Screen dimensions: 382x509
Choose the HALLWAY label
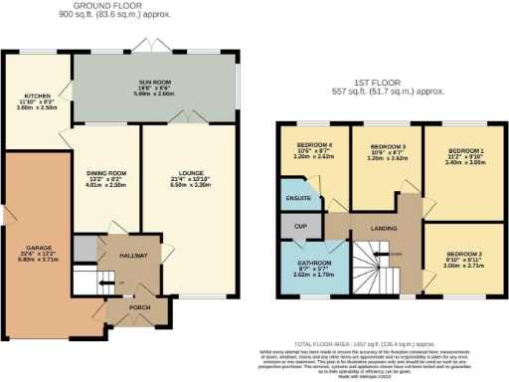[132, 256]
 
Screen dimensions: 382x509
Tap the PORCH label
[139, 307]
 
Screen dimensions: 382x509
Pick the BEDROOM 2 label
[460, 254]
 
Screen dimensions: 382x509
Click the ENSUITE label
[295, 197]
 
